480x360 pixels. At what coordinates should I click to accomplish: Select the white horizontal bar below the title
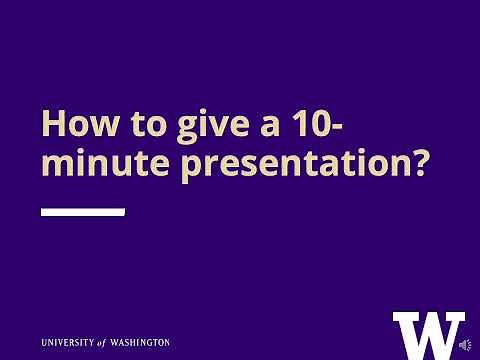pos(82,212)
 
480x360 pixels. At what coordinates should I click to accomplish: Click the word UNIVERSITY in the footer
pos(75,342)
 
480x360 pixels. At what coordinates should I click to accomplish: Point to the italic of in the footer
pos(117,342)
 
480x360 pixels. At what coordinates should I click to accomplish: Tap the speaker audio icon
pos(465,344)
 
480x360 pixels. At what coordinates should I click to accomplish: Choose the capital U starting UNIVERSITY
pos(45,342)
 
